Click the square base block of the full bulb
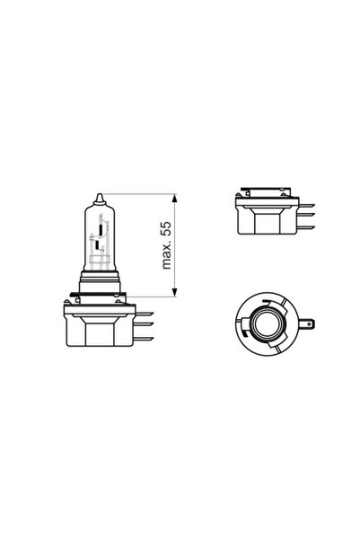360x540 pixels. tap(101, 332)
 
